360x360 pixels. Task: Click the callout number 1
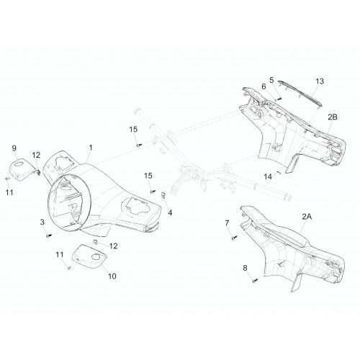click(x=91, y=148)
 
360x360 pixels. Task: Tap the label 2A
click(x=307, y=217)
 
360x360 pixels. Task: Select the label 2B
click(x=333, y=117)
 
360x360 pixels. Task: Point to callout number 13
click(x=320, y=81)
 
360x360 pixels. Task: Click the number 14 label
click(x=268, y=176)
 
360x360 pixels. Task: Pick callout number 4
click(x=170, y=212)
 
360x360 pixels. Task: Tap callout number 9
click(x=14, y=148)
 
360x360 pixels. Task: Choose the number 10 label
click(x=112, y=276)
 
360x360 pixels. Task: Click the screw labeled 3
click(x=49, y=236)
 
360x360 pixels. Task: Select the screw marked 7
click(x=235, y=238)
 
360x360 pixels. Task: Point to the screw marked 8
click(x=255, y=280)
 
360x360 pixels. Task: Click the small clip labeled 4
click(x=163, y=195)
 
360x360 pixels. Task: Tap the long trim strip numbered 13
click(x=300, y=93)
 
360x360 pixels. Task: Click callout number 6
click(x=264, y=86)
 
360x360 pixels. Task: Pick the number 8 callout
click(x=245, y=268)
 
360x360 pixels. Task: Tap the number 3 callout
click(x=42, y=222)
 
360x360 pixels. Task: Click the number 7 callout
click(x=227, y=223)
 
